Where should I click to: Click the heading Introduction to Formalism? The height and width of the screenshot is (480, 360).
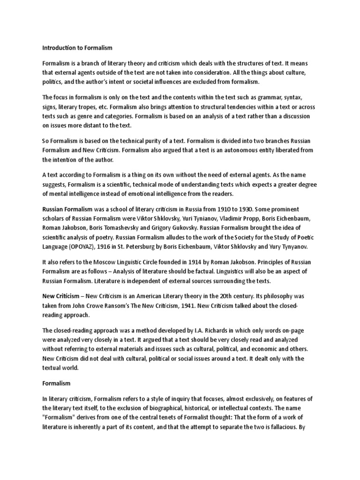click(77, 47)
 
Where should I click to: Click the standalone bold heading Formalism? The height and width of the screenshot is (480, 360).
click(56, 383)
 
